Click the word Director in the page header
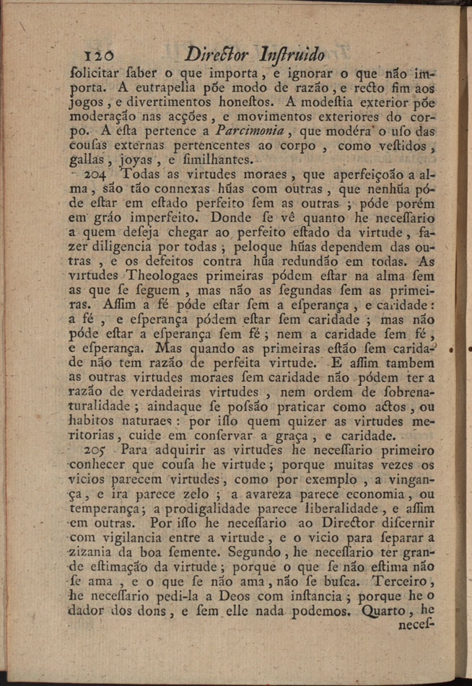(x=217, y=53)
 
